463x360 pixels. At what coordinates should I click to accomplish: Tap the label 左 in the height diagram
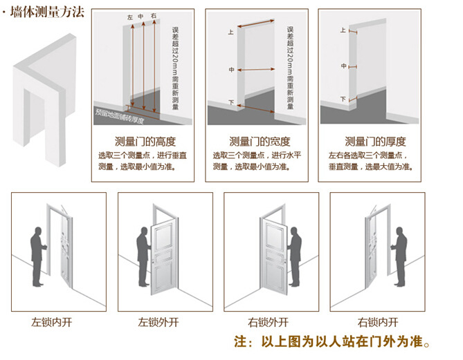point(129,17)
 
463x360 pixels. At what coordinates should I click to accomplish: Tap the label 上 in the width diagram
point(230,32)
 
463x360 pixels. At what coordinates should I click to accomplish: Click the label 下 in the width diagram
point(230,103)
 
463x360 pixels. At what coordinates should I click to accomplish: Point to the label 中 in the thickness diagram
point(344,66)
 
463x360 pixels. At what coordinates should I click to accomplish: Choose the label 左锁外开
point(158,322)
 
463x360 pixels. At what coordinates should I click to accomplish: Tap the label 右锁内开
point(378,322)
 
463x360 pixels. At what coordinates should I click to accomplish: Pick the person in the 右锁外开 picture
point(294,256)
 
